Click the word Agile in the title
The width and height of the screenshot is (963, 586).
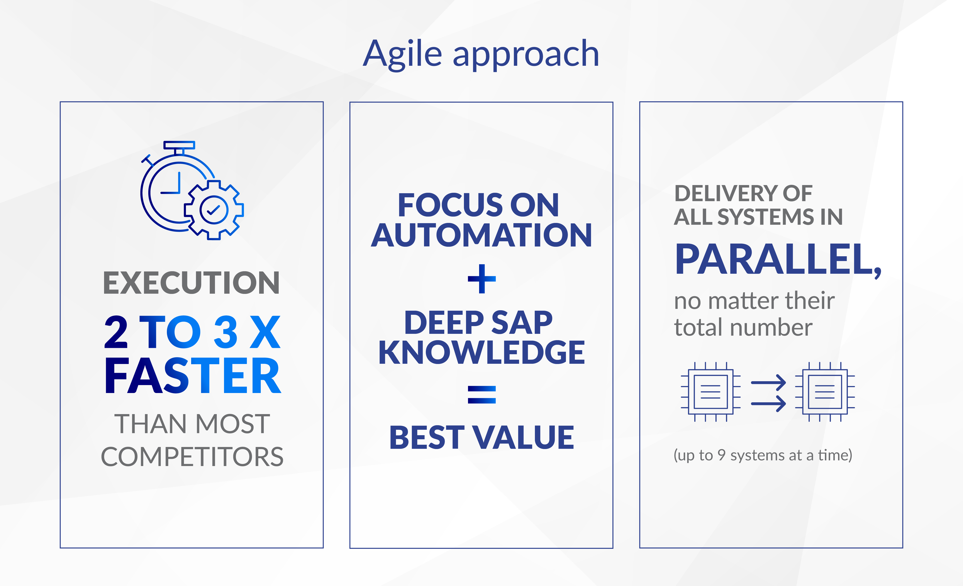pyautogui.click(x=402, y=55)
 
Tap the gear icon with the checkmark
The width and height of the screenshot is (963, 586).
pyautogui.click(x=214, y=210)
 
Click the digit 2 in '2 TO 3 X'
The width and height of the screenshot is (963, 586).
pyautogui.click(x=116, y=332)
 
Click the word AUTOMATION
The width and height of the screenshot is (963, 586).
pyautogui.click(x=482, y=235)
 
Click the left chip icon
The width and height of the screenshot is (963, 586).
pyautogui.click(x=711, y=392)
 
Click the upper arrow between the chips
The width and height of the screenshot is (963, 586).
pyautogui.click(x=768, y=382)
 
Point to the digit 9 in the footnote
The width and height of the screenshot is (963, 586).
pyautogui.click(x=722, y=455)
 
